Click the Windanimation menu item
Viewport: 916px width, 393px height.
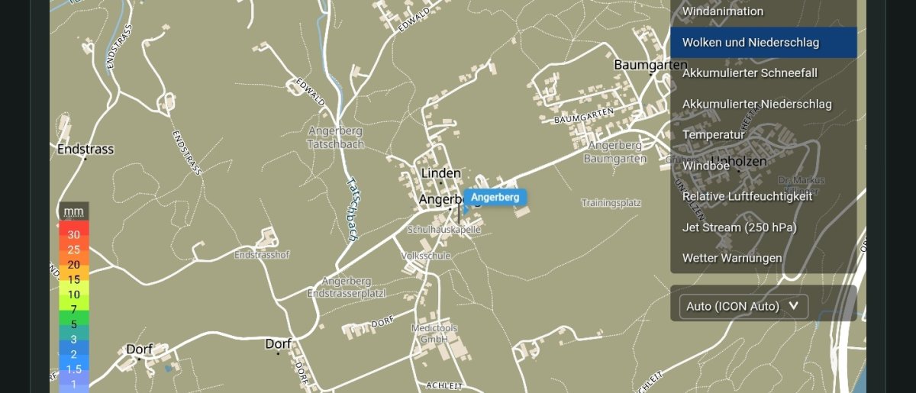(x=722, y=11)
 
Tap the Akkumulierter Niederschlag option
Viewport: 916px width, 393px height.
(x=756, y=104)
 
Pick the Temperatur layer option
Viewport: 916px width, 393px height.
(x=713, y=134)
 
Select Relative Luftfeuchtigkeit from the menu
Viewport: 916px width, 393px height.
(x=747, y=196)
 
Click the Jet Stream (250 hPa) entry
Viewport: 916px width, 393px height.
(x=739, y=227)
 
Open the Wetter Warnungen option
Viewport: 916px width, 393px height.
(x=731, y=258)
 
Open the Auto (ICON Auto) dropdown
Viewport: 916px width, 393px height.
(x=743, y=306)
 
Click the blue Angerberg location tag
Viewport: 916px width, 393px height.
(x=495, y=198)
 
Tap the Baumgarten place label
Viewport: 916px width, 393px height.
(x=650, y=66)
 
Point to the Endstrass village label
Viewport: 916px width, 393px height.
(x=85, y=150)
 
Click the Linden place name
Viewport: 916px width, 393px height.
(x=441, y=173)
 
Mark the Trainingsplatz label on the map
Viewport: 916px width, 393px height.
(x=611, y=203)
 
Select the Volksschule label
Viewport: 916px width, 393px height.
(x=426, y=256)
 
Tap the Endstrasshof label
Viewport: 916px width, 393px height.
(x=262, y=254)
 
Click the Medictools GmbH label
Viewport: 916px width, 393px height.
(x=434, y=333)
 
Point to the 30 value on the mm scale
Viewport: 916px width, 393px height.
(x=73, y=235)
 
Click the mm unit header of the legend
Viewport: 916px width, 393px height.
(x=73, y=211)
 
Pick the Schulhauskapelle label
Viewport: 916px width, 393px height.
(x=444, y=229)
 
